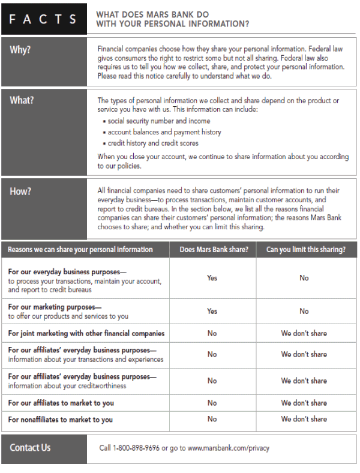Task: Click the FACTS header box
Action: click(43, 19)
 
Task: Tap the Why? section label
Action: click(20, 50)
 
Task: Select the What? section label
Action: click(22, 100)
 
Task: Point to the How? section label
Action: click(20, 191)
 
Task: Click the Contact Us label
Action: click(30, 448)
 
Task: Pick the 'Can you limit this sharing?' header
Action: click(305, 249)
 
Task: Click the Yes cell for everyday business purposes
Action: click(212, 278)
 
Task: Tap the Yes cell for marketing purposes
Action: click(212, 311)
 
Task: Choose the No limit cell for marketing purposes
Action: click(304, 311)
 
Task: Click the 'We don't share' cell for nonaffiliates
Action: click(304, 419)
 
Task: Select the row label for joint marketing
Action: click(86, 333)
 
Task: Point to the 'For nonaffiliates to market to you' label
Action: click(61, 420)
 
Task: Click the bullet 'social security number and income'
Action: click(159, 121)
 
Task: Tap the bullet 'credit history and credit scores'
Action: click(153, 143)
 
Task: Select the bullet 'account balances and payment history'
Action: click(164, 132)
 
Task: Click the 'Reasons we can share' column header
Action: click(80, 249)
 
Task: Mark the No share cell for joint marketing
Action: click(212, 333)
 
